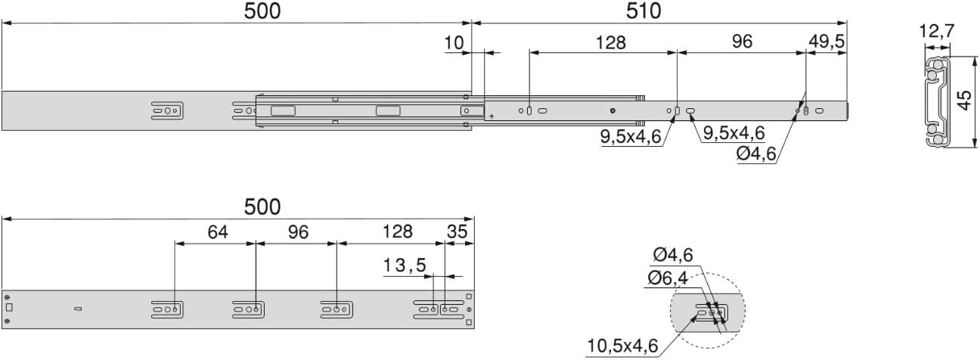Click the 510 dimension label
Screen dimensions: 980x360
[643, 11]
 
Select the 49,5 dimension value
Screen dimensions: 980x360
[826, 42]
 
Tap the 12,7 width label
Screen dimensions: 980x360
[936, 32]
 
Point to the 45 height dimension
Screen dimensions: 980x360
[965, 101]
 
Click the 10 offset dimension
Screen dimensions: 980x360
[454, 43]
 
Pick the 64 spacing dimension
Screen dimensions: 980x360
[218, 232]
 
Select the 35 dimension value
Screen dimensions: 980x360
[457, 231]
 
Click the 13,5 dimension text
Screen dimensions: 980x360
[405, 265]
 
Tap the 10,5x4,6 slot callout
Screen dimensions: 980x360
[622, 346]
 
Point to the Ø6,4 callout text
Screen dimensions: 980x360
[668, 278]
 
